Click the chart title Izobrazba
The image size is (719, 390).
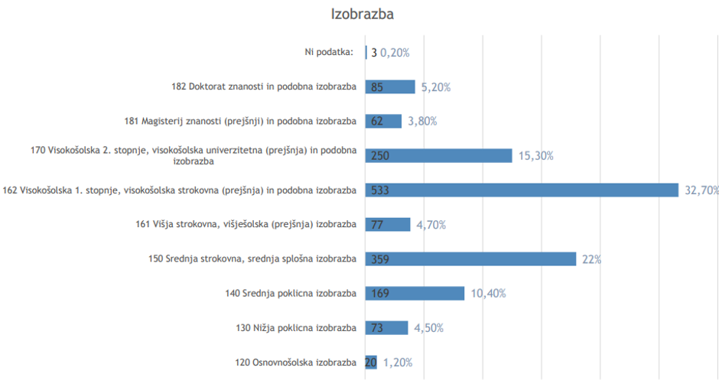tap(362, 15)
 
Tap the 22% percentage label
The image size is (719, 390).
tap(591, 259)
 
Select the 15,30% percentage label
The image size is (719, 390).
tap(535, 156)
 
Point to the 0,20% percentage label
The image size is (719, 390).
tap(395, 53)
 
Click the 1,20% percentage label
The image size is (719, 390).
tap(398, 362)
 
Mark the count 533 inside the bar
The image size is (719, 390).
tap(380, 190)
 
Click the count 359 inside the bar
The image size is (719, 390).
tap(380, 259)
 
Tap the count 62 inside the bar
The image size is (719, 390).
tap(377, 121)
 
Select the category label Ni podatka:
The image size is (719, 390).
tap(329, 52)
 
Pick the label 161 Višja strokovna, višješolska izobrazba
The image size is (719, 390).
tap(245, 224)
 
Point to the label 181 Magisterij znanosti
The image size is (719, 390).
tap(240, 121)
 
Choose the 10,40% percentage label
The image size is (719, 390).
tap(487, 294)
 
